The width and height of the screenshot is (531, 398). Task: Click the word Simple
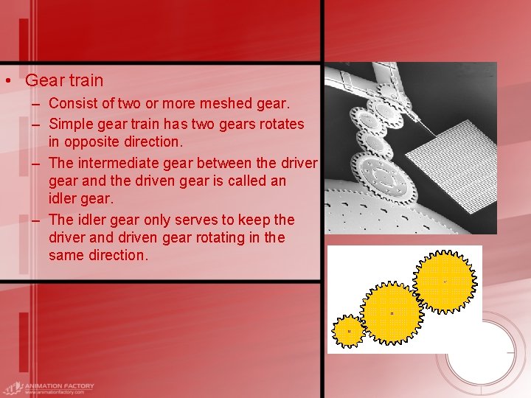pos(71,123)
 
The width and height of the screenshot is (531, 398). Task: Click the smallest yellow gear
pos(348,331)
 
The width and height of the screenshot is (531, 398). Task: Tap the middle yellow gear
pos(392,313)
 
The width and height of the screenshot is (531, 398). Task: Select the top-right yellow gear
pos(444,281)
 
